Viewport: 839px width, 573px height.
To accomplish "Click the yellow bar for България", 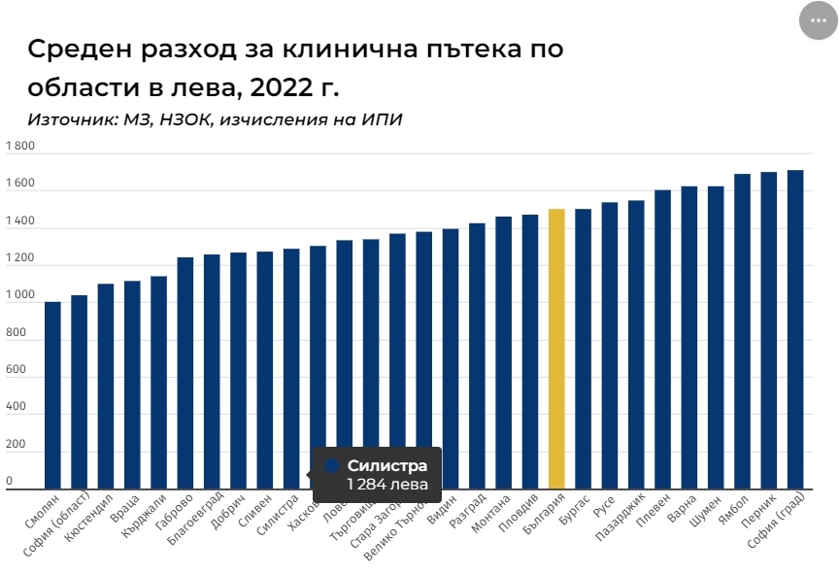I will coord(556,350).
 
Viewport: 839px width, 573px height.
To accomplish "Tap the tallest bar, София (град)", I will coord(795,330).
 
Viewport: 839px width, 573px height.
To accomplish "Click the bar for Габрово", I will coord(185,373).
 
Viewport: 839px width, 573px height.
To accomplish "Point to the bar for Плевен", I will coord(663,340).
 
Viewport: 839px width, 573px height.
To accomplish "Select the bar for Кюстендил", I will coord(106,387).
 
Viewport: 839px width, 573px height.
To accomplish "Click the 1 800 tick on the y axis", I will coord(20,147).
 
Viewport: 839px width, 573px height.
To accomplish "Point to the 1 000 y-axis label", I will coord(20,295).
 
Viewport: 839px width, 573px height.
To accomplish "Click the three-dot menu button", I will coord(818,20).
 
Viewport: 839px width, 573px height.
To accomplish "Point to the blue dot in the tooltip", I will coord(331,465).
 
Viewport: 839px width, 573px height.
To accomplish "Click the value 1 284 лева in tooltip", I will coord(386,484).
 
